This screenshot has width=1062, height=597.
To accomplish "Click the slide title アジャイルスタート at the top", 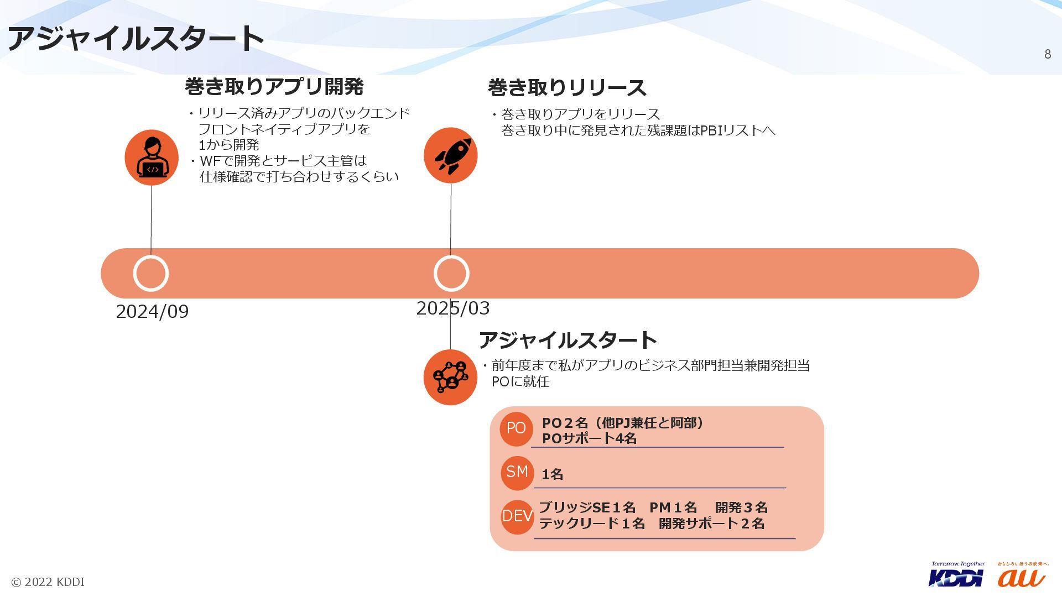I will [136, 39].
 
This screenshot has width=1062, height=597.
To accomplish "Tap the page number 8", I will [1047, 54].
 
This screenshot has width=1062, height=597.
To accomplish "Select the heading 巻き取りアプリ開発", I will [274, 87].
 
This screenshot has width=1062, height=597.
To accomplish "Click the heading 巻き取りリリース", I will [566, 88].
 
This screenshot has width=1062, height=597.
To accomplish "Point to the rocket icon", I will [451, 155].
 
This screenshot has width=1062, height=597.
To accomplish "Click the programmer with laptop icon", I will [152, 158].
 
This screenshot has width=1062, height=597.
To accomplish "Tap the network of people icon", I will [450, 377].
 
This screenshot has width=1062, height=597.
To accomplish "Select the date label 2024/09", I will [152, 312].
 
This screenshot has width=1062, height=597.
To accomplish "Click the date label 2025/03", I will [452, 308].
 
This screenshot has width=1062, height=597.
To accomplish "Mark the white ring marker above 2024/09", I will [151, 273].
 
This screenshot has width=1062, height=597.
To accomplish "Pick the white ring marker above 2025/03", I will [451, 273].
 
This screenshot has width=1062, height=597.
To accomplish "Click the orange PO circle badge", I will [516, 428].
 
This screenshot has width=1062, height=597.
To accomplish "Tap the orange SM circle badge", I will [517, 472].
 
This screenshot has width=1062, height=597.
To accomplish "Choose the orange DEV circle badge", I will [517, 516].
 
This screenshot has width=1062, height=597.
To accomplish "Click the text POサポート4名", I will [589, 439].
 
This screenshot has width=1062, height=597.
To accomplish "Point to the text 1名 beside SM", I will [552, 474].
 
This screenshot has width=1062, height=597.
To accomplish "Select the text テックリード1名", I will [592, 523].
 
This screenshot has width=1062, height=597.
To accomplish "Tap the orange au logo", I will [1022, 577].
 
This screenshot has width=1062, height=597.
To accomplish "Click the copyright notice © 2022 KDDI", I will [48, 582].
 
